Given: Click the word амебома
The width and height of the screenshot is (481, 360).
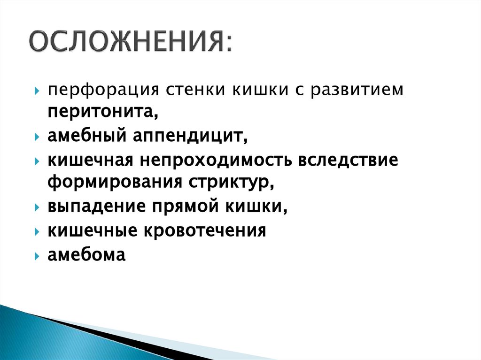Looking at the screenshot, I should pyautogui.click(x=86, y=255).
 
